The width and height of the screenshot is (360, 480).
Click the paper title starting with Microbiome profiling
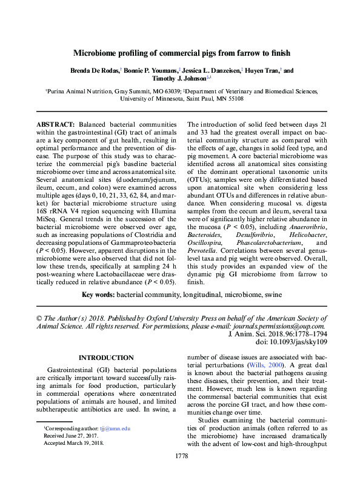180,53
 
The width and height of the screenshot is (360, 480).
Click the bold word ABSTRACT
55,124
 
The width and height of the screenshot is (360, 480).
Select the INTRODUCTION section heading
106,358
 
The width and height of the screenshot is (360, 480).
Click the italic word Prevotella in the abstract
205,250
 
